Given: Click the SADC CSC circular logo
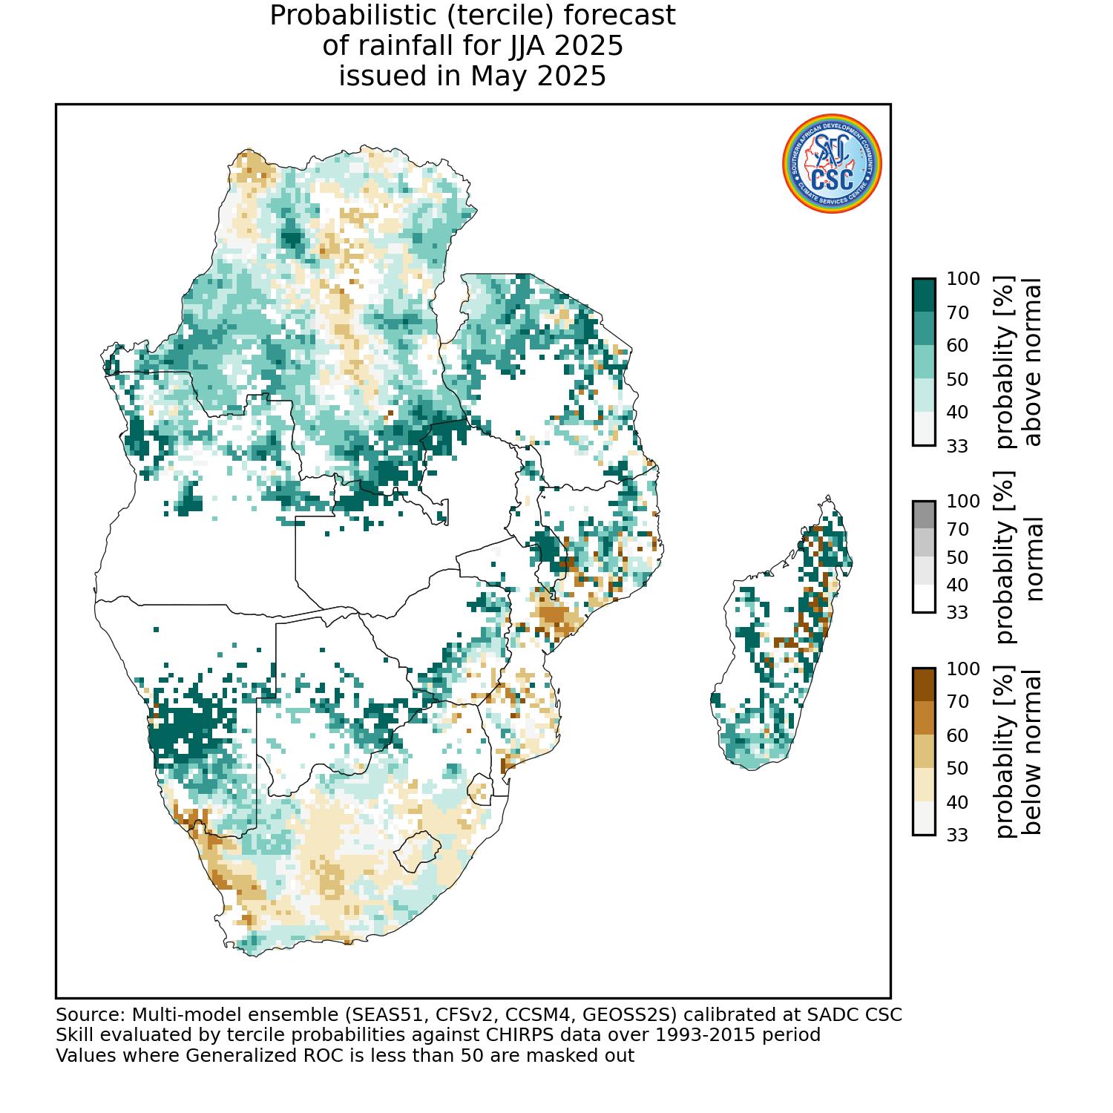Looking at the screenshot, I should [x=832, y=164].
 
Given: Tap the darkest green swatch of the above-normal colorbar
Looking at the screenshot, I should [x=924, y=295].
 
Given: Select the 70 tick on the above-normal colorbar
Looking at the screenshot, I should [x=958, y=312].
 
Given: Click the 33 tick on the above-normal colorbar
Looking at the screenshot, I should [x=958, y=446].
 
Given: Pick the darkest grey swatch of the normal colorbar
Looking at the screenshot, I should [x=924, y=514].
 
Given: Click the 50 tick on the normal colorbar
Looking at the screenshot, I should [x=958, y=557].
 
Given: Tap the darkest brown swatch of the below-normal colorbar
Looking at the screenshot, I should [x=924, y=685].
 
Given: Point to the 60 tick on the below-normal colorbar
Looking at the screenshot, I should [x=958, y=735].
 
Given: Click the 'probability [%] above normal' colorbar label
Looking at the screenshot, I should [x=1020, y=363].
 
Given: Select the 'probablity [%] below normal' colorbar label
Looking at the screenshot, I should [x=1020, y=752].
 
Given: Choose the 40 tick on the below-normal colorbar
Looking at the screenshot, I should [x=958, y=802].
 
